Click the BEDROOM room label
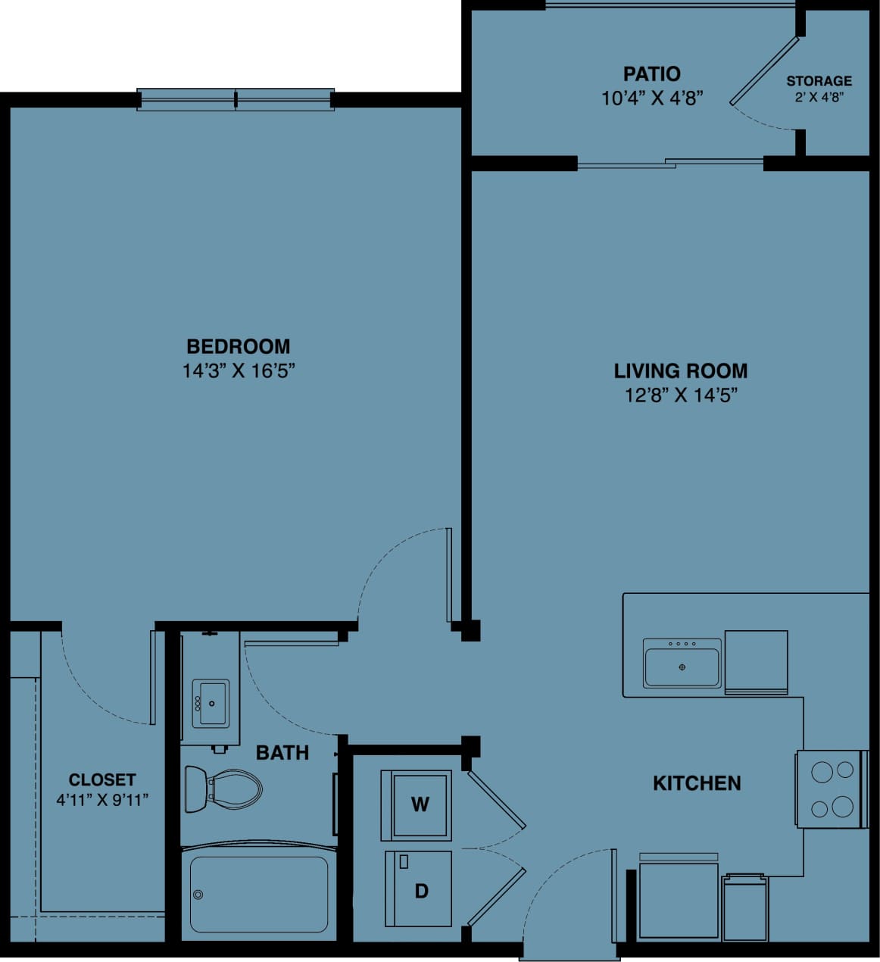[238, 346]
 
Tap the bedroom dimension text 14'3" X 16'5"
[238, 371]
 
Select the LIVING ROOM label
[680, 370]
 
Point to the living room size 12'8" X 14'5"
[680, 395]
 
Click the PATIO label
[651, 73]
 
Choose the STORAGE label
[819, 80]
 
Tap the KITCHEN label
[697, 782]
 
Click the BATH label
[282, 752]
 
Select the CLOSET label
[102, 779]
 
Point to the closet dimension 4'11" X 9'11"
[102, 799]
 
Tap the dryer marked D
[418, 889]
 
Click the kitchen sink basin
[682, 664]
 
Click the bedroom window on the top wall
[236, 99]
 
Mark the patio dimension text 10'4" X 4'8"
[651, 98]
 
